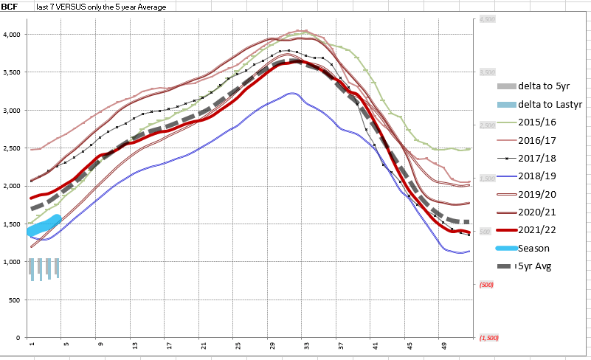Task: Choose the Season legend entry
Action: pyautogui.click(x=533, y=248)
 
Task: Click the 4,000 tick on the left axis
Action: pyautogui.click(x=15, y=35)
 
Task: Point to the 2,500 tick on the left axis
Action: pyautogui.click(x=15, y=148)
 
